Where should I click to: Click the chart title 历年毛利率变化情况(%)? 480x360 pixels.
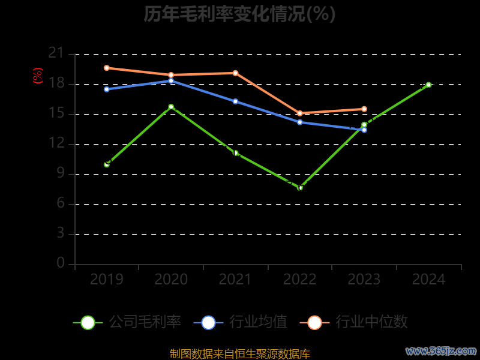point(239,14)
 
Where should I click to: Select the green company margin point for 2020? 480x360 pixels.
point(171,107)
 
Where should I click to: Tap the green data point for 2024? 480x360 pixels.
point(428,85)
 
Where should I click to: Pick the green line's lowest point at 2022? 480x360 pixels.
point(300,188)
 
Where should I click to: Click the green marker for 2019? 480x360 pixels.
point(107,164)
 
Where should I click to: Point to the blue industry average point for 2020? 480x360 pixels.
point(171,80)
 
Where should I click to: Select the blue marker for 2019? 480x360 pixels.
point(107,89)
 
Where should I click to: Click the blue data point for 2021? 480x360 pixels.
point(235,101)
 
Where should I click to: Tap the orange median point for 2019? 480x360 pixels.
point(107,68)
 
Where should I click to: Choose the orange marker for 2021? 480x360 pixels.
point(235,73)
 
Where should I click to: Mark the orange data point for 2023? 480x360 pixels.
point(364,109)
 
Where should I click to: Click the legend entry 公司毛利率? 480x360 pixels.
point(127,322)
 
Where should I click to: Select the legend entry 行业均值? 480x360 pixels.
point(241,322)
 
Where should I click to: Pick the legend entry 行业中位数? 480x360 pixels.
point(358,322)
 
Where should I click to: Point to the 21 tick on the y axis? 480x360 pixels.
point(56,53)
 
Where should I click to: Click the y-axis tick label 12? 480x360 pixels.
point(56,143)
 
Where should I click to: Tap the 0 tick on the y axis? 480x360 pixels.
point(60,263)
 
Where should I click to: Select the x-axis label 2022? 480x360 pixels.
point(300,280)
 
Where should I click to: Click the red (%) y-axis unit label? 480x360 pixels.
point(38,76)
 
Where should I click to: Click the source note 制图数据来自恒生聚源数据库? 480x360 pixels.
point(240,354)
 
